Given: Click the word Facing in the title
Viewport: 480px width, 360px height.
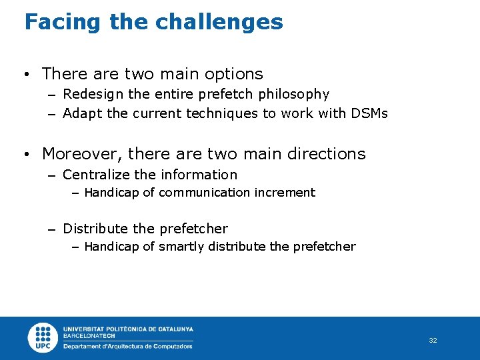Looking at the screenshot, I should tap(63, 23).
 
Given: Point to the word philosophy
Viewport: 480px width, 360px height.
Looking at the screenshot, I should tap(295, 95).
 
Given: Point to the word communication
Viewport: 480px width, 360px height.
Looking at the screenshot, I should tap(204, 193).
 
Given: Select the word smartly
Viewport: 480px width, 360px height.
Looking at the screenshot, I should tap(181, 247).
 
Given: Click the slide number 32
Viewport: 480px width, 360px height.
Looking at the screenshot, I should tap(433, 341).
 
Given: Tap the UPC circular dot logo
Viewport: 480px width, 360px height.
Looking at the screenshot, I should tap(43, 337).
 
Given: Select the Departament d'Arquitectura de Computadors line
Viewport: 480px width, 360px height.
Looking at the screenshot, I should tap(127, 346).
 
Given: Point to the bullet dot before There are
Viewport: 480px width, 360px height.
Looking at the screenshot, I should tap(26, 75).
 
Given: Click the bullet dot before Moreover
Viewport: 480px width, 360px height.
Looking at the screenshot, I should tap(26, 155).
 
